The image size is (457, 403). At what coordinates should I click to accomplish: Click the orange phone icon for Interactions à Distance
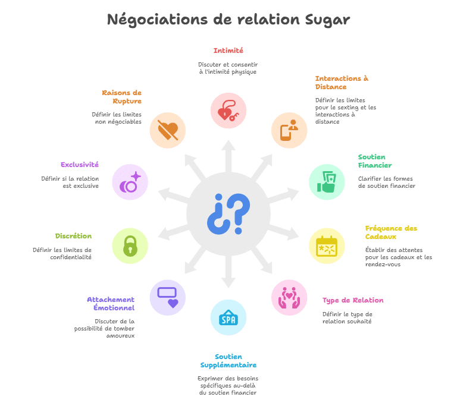(x=289, y=130)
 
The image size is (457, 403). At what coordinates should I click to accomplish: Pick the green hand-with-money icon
(x=327, y=182)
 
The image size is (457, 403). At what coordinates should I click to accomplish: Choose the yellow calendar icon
(x=327, y=245)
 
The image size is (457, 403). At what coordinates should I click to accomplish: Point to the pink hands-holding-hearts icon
(x=289, y=297)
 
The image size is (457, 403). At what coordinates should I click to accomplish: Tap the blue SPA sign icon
(x=228, y=317)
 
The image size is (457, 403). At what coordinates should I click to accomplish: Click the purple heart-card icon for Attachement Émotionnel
(x=167, y=297)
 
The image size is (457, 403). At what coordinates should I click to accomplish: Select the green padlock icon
(x=130, y=245)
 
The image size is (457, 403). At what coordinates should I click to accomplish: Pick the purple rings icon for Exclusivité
(x=130, y=182)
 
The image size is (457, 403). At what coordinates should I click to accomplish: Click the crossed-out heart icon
(x=167, y=130)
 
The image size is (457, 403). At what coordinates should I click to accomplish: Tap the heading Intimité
(x=228, y=51)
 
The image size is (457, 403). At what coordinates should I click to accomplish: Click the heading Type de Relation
(x=353, y=300)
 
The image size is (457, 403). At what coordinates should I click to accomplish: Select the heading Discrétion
(x=73, y=236)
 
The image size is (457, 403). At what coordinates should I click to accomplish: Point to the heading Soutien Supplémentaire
(x=228, y=361)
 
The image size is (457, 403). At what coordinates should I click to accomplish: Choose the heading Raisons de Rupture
(x=121, y=97)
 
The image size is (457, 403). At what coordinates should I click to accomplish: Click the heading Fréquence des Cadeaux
(x=391, y=232)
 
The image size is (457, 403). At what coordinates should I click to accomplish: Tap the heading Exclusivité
(x=80, y=165)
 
